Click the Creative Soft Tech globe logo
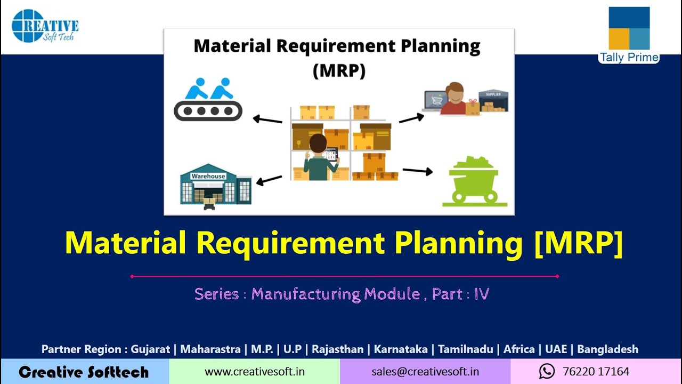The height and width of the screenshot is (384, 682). [28, 26]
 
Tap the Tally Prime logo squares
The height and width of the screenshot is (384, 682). [629, 29]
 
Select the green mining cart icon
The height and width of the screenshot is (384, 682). [474, 181]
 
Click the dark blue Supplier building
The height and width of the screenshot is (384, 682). [493, 101]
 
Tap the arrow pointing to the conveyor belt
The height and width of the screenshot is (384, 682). [267, 119]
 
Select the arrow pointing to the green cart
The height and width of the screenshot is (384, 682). [417, 171]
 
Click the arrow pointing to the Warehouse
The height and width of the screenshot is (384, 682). [269, 180]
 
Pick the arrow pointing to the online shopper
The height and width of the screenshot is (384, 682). [411, 118]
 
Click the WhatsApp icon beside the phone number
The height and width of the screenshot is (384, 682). [547, 371]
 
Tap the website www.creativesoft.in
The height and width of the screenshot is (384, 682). [255, 372]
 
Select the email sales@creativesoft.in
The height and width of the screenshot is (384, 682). [425, 372]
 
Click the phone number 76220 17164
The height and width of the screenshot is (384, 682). [596, 372]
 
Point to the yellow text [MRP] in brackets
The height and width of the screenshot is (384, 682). [578, 243]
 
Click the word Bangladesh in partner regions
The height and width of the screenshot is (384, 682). [607, 349]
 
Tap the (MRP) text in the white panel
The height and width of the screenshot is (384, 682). [339, 70]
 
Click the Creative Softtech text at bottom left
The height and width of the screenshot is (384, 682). [84, 372]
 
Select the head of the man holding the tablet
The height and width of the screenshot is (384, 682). [318, 144]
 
